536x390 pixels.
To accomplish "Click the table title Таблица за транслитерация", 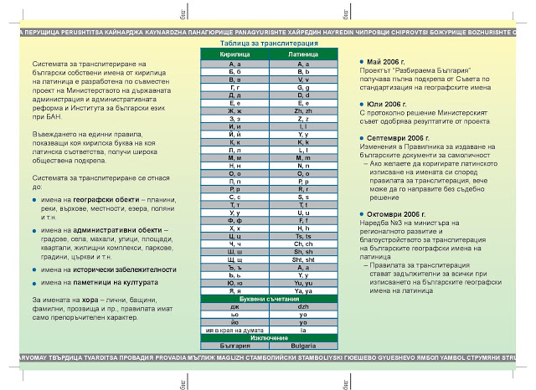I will pos(268,42).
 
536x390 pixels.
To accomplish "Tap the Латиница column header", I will pos(303,53).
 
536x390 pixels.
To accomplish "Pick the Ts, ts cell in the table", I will pos(303,237).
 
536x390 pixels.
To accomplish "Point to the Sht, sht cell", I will pos(303,260).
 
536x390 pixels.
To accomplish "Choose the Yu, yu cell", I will pos(303,283).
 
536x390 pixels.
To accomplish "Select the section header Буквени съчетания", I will pos(268,299).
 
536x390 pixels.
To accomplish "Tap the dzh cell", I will pos(303,307).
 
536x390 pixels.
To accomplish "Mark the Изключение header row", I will pos(268,337).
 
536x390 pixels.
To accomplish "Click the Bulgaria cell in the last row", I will pos(303,345).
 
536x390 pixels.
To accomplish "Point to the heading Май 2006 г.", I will pos(388,63).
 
